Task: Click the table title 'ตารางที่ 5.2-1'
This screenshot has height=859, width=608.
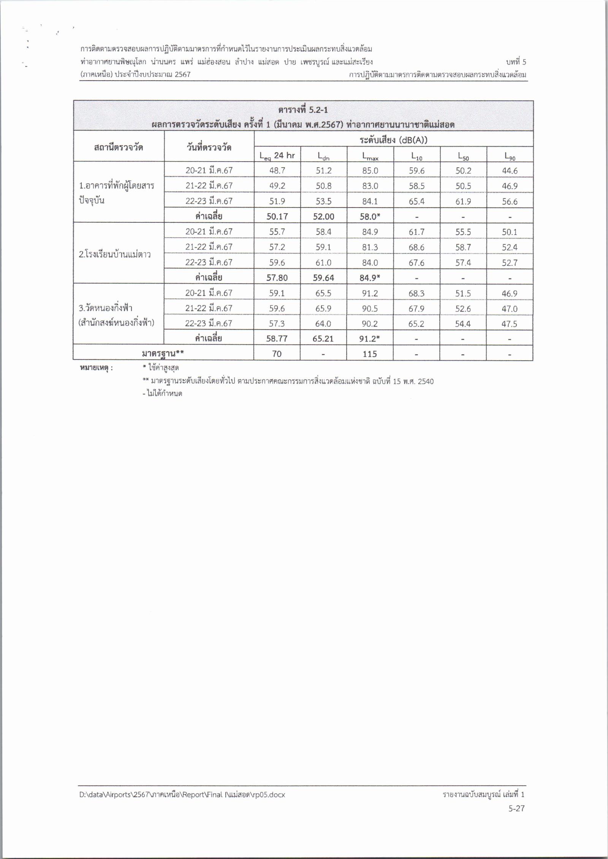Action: pyautogui.click(x=303, y=110)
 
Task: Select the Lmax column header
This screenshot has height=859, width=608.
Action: pyautogui.click(x=370, y=155)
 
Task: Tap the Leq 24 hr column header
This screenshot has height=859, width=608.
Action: pyautogui.click(x=277, y=155)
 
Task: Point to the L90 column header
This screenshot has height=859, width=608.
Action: pyautogui.click(x=510, y=155)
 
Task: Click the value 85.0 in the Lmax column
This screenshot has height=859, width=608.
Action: pyautogui.click(x=370, y=171)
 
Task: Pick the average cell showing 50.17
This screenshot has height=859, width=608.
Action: pyautogui.click(x=277, y=217)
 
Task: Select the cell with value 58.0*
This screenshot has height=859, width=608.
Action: pyautogui.click(x=370, y=217)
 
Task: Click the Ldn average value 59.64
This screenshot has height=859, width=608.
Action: pyautogui.click(x=323, y=278)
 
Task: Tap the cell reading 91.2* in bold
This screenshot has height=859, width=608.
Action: pyautogui.click(x=370, y=339)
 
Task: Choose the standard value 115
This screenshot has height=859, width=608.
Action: pyautogui.click(x=370, y=354)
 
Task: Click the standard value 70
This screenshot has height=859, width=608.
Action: pyautogui.click(x=277, y=354)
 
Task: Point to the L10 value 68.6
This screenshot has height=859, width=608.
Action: pyautogui.click(x=416, y=247)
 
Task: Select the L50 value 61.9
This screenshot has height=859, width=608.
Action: pyautogui.click(x=463, y=201)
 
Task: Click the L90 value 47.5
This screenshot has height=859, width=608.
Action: pyautogui.click(x=510, y=324)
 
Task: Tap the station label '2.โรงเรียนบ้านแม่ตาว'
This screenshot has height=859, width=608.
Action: pyautogui.click(x=114, y=255)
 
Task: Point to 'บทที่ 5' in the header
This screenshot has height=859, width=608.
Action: pyautogui.click(x=516, y=62)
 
